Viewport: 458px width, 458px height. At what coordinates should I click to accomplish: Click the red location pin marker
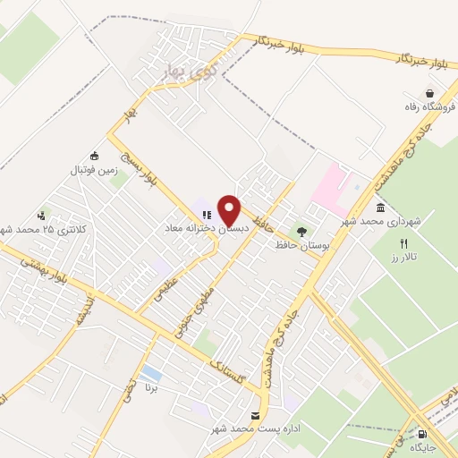[x=230, y=209]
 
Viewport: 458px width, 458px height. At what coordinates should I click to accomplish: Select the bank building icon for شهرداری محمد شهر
[x=380, y=208]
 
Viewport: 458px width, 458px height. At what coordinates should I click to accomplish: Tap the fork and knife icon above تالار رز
[x=403, y=243]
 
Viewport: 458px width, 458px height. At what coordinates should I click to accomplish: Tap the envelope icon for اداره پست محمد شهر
[x=257, y=416]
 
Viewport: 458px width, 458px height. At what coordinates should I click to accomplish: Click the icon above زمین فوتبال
[x=95, y=156]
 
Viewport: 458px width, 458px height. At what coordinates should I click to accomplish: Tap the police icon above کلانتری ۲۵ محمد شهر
[x=41, y=216]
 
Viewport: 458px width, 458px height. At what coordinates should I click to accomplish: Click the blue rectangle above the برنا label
[x=152, y=373]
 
